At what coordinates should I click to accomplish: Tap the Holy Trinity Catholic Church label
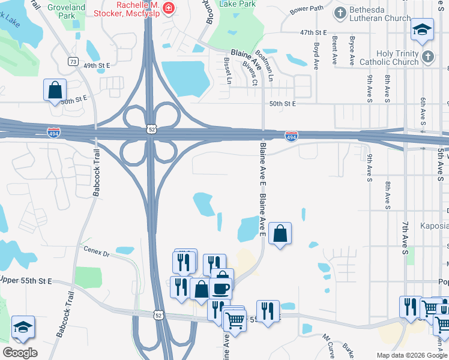(x=389, y=58)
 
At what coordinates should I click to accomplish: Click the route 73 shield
(x=73, y=62)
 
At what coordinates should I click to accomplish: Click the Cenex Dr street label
(x=97, y=253)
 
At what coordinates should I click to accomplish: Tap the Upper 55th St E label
(x=26, y=281)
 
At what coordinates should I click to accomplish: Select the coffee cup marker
(x=220, y=289)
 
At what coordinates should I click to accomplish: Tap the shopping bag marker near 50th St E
(x=55, y=91)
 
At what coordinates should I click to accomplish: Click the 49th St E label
(x=98, y=65)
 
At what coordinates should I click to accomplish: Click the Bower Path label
(x=306, y=10)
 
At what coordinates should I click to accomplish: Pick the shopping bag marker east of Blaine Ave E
(x=280, y=233)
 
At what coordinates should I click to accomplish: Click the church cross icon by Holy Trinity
(x=427, y=57)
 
